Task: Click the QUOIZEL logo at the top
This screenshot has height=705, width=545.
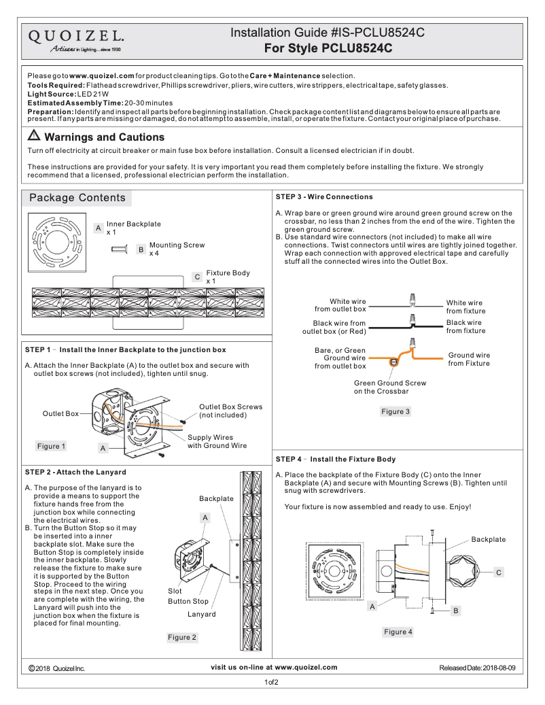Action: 75,40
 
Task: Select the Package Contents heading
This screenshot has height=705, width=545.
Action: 77,198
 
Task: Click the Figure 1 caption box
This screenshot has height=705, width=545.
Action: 52,446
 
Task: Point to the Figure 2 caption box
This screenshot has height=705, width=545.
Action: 182,637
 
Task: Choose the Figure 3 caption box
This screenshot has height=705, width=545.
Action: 395,411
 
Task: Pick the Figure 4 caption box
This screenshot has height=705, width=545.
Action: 398,632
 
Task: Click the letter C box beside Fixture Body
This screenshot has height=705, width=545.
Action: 196,277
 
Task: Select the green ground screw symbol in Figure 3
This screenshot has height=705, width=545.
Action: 393,362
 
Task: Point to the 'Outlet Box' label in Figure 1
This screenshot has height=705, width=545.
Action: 60,413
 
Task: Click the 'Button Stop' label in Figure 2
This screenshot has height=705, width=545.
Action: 188,601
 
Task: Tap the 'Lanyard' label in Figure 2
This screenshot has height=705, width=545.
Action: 201,614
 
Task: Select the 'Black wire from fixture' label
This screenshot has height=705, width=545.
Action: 465,326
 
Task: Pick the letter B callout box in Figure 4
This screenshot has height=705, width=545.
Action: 456,611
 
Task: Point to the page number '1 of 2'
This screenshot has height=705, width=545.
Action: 272,682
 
